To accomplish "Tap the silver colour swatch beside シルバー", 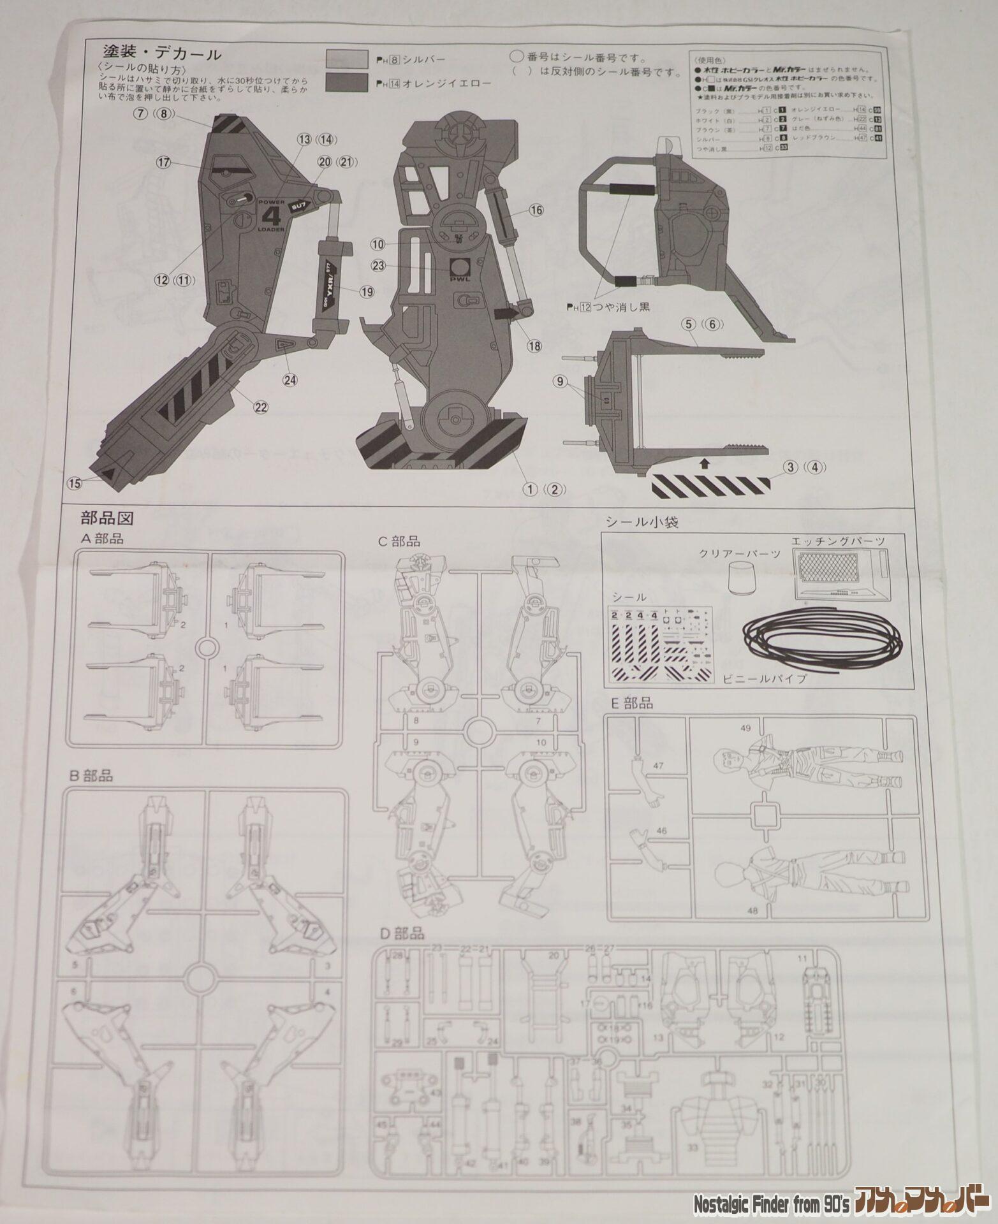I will pyautogui.click(x=347, y=59).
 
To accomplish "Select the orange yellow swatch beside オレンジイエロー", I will pyautogui.click(x=347, y=82).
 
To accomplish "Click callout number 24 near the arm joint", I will pyautogui.click(x=291, y=380).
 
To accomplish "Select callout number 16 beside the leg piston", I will pyautogui.click(x=535, y=210).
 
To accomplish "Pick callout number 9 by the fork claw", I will pyautogui.click(x=561, y=381).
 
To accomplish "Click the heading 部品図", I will pyautogui.click(x=106, y=516).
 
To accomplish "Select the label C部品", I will pyautogui.click(x=399, y=541).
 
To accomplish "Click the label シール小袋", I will pyautogui.click(x=642, y=522).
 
